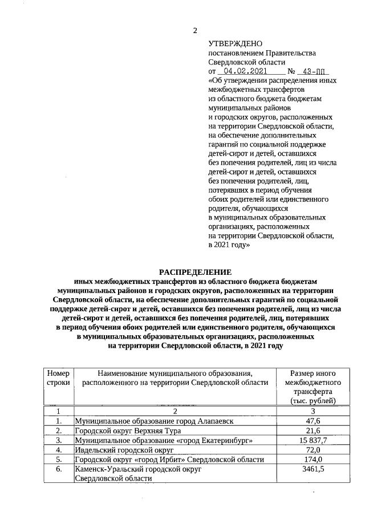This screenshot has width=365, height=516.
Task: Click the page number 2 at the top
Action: click(x=194, y=30)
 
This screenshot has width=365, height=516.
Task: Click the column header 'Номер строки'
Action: click(x=58, y=377)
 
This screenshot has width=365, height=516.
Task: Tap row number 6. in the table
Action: click(x=58, y=469)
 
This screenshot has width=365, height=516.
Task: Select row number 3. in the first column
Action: click(x=58, y=440)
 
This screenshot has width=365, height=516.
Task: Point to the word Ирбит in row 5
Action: click(x=172, y=460)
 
